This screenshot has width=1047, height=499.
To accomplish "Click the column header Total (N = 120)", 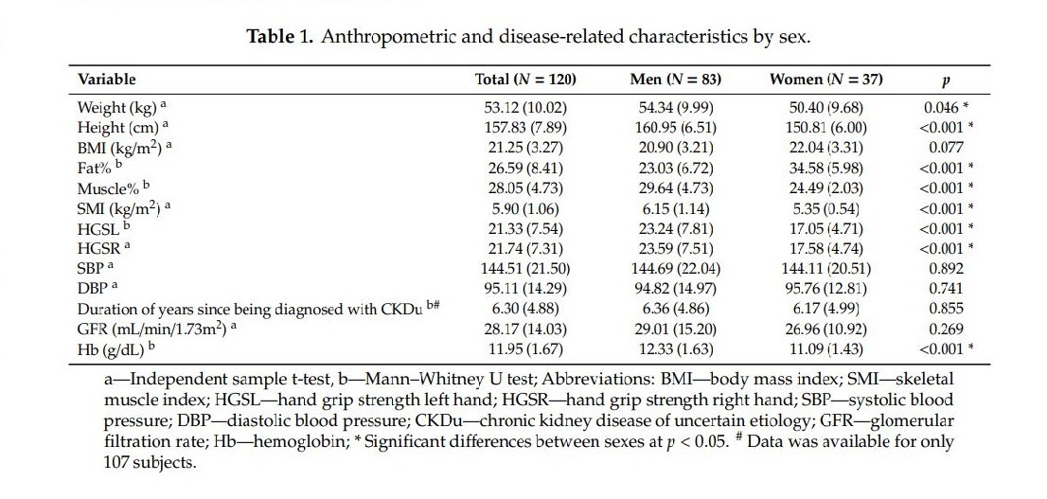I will [525, 80].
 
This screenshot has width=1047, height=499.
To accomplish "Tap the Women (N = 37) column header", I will [825, 80].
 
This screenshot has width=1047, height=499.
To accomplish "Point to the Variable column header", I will [106, 80].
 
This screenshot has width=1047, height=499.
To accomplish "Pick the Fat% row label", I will [99, 168].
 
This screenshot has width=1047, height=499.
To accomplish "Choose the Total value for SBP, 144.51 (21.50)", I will [525, 268].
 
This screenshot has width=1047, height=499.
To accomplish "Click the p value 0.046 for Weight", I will [941, 107].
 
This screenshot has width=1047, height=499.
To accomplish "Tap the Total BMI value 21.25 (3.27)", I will [525, 148].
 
